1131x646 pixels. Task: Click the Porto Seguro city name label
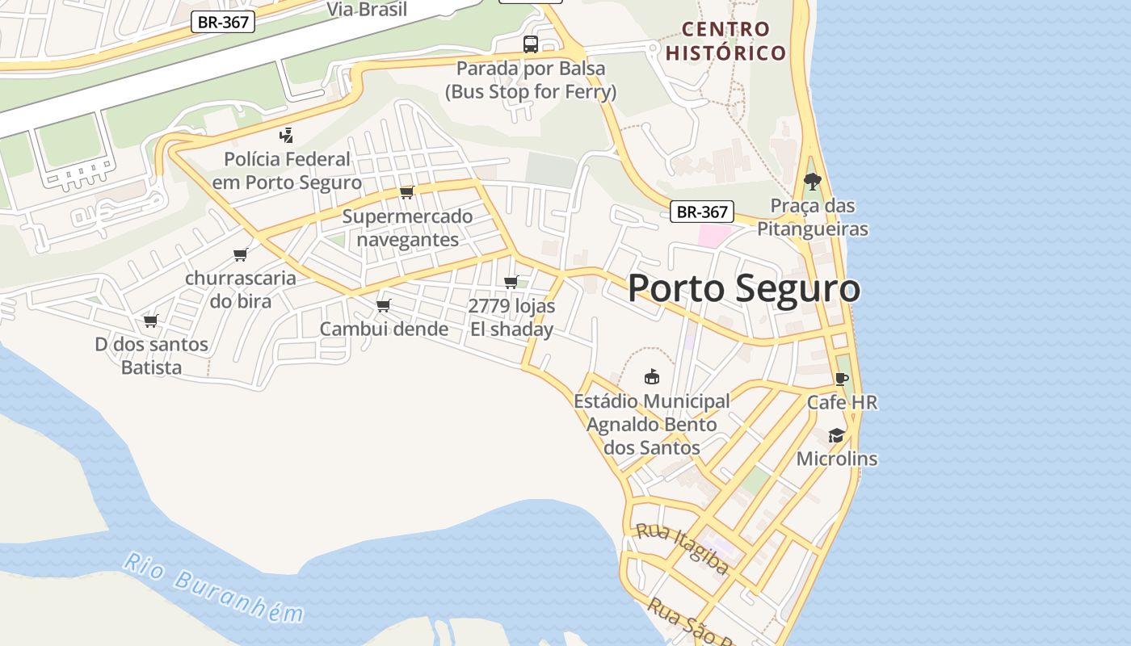pyautogui.click(x=743, y=289)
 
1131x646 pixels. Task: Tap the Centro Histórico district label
pyautogui.click(x=725, y=41)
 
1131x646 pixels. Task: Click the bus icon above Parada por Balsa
pyautogui.click(x=531, y=44)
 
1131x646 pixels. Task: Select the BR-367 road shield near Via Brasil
pyautogui.click(x=223, y=22)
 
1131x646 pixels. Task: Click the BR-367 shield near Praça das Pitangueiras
pyautogui.click(x=702, y=212)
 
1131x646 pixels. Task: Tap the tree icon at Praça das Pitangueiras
pyautogui.click(x=812, y=182)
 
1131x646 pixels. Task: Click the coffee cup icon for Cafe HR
pyautogui.click(x=842, y=379)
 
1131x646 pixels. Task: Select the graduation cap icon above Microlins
pyautogui.click(x=836, y=436)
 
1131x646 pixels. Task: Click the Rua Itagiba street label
pyautogui.click(x=682, y=548)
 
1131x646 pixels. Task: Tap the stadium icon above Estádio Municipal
pyautogui.click(x=652, y=376)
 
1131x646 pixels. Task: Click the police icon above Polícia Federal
pyautogui.click(x=286, y=135)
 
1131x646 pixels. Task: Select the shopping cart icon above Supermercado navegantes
pyautogui.click(x=407, y=192)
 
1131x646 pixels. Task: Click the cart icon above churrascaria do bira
pyautogui.click(x=240, y=255)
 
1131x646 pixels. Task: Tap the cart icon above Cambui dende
pyautogui.click(x=384, y=305)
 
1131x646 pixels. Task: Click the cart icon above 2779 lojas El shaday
pyautogui.click(x=511, y=282)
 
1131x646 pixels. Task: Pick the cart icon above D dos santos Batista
pyautogui.click(x=150, y=321)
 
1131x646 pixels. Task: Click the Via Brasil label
pyautogui.click(x=367, y=9)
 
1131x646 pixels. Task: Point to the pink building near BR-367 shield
pyautogui.click(x=713, y=236)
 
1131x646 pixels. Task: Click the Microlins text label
pyautogui.click(x=836, y=459)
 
